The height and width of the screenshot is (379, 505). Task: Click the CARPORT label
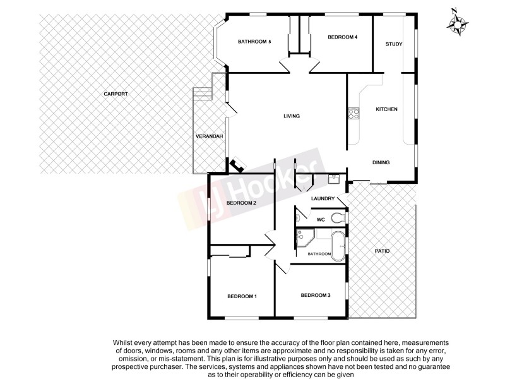point(116,94)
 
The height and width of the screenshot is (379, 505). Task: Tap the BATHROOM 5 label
point(254,42)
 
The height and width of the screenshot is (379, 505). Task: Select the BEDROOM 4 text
point(343,37)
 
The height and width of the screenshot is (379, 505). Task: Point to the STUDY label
point(394,44)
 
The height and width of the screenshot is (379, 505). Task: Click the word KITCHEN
point(386,109)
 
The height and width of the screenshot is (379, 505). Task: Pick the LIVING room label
point(291,116)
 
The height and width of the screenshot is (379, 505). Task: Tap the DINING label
point(381,162)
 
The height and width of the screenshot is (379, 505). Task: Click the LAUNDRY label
point(322,199)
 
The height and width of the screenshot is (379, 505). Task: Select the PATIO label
point(381,251)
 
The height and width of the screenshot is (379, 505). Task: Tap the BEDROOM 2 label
point(241,203)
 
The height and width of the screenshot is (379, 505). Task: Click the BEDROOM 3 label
point(315,295)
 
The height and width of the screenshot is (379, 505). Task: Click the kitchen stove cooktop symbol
point(353,114)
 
